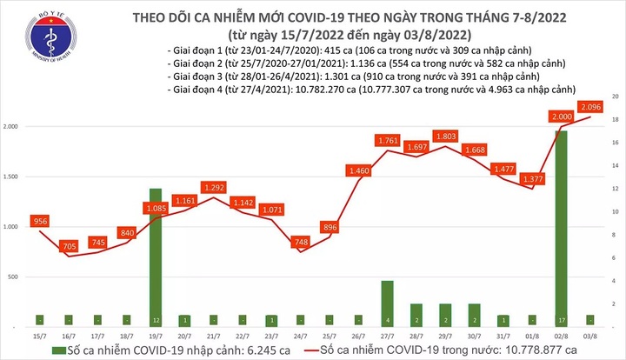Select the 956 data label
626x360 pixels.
[x=40, y=221]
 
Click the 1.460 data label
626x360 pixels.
[x=359, y=171]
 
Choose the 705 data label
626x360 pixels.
[x=69, y=246]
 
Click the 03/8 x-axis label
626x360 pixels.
[x=590, y=336]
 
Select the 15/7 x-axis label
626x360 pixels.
[x=40, y=336]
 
